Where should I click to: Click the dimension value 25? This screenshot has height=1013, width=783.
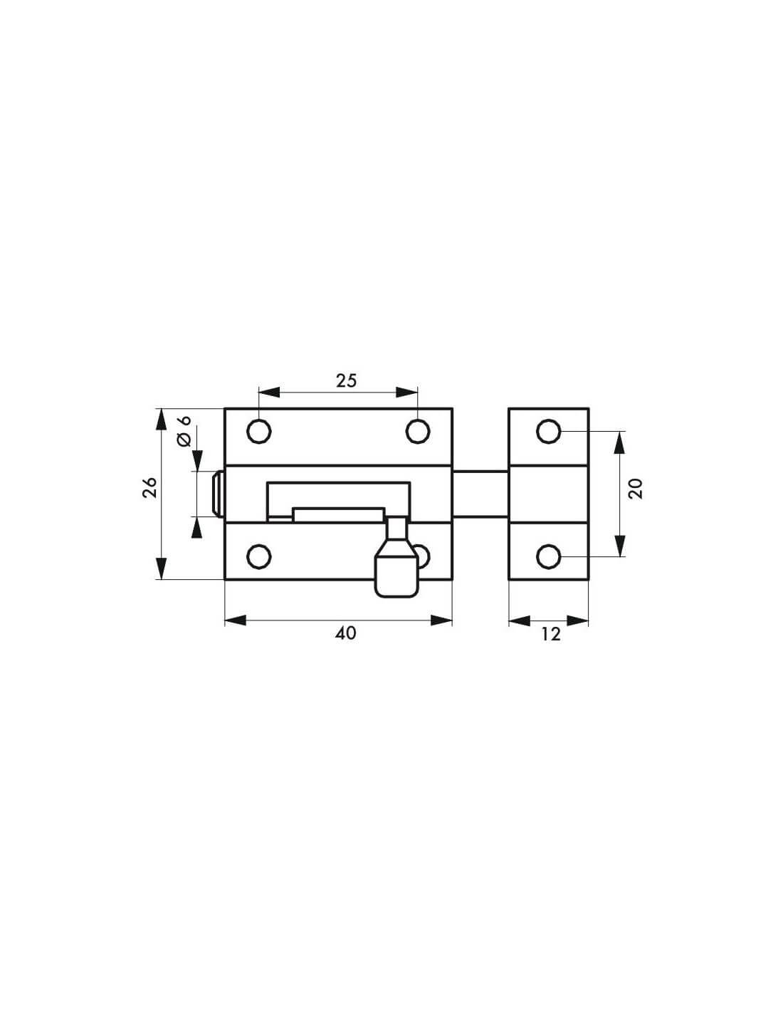pyautogui.click(x=346, y=381)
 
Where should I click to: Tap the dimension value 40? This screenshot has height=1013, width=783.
pyautogui.click(x=346, y=633)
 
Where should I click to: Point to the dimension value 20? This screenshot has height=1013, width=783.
pyautogui.click(x=636, y=489)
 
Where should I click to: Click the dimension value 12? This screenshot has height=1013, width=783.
pyautogui.click(x=551, y=634)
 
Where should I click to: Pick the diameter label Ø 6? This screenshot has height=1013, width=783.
pyautogui.click(x=185, y=432)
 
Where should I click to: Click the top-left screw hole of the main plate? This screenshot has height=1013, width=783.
pyautogui.click(x=259, y=431)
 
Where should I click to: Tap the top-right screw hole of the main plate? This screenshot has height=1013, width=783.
pyautogui.click(x=417, y=431)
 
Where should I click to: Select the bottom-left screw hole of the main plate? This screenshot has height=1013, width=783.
pyautogui.click(x=259, y=556)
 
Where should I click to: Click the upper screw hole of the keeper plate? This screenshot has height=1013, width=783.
pyautogui.click(x=549, y=431)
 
